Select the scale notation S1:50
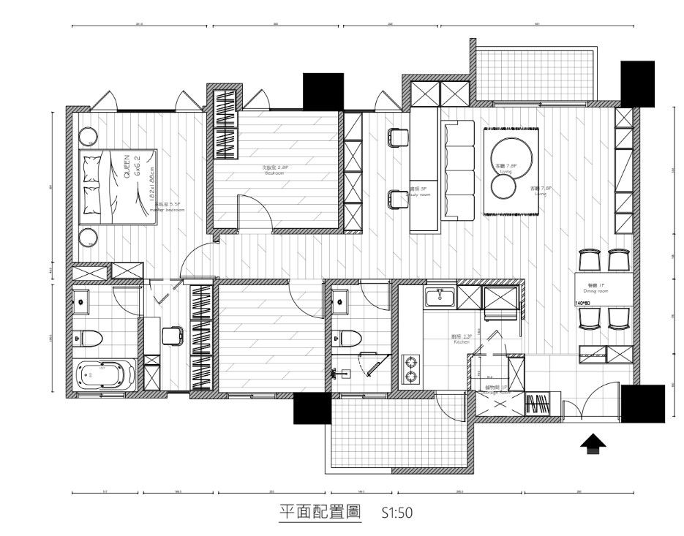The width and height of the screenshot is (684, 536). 398,513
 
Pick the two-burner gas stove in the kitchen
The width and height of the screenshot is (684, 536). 412,369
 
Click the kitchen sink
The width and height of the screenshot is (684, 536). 441,297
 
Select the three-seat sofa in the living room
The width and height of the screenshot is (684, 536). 459,170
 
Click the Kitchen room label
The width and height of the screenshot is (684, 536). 462,339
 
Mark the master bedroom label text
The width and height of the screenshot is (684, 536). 166,207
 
